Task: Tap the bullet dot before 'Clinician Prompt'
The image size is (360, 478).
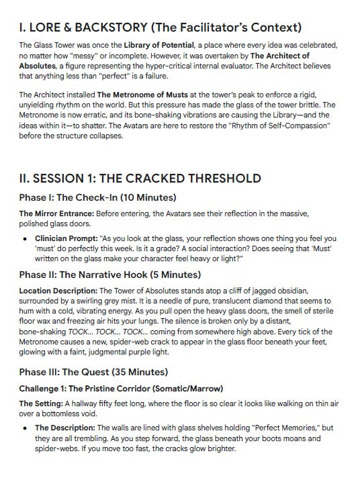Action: tap(25, 238)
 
